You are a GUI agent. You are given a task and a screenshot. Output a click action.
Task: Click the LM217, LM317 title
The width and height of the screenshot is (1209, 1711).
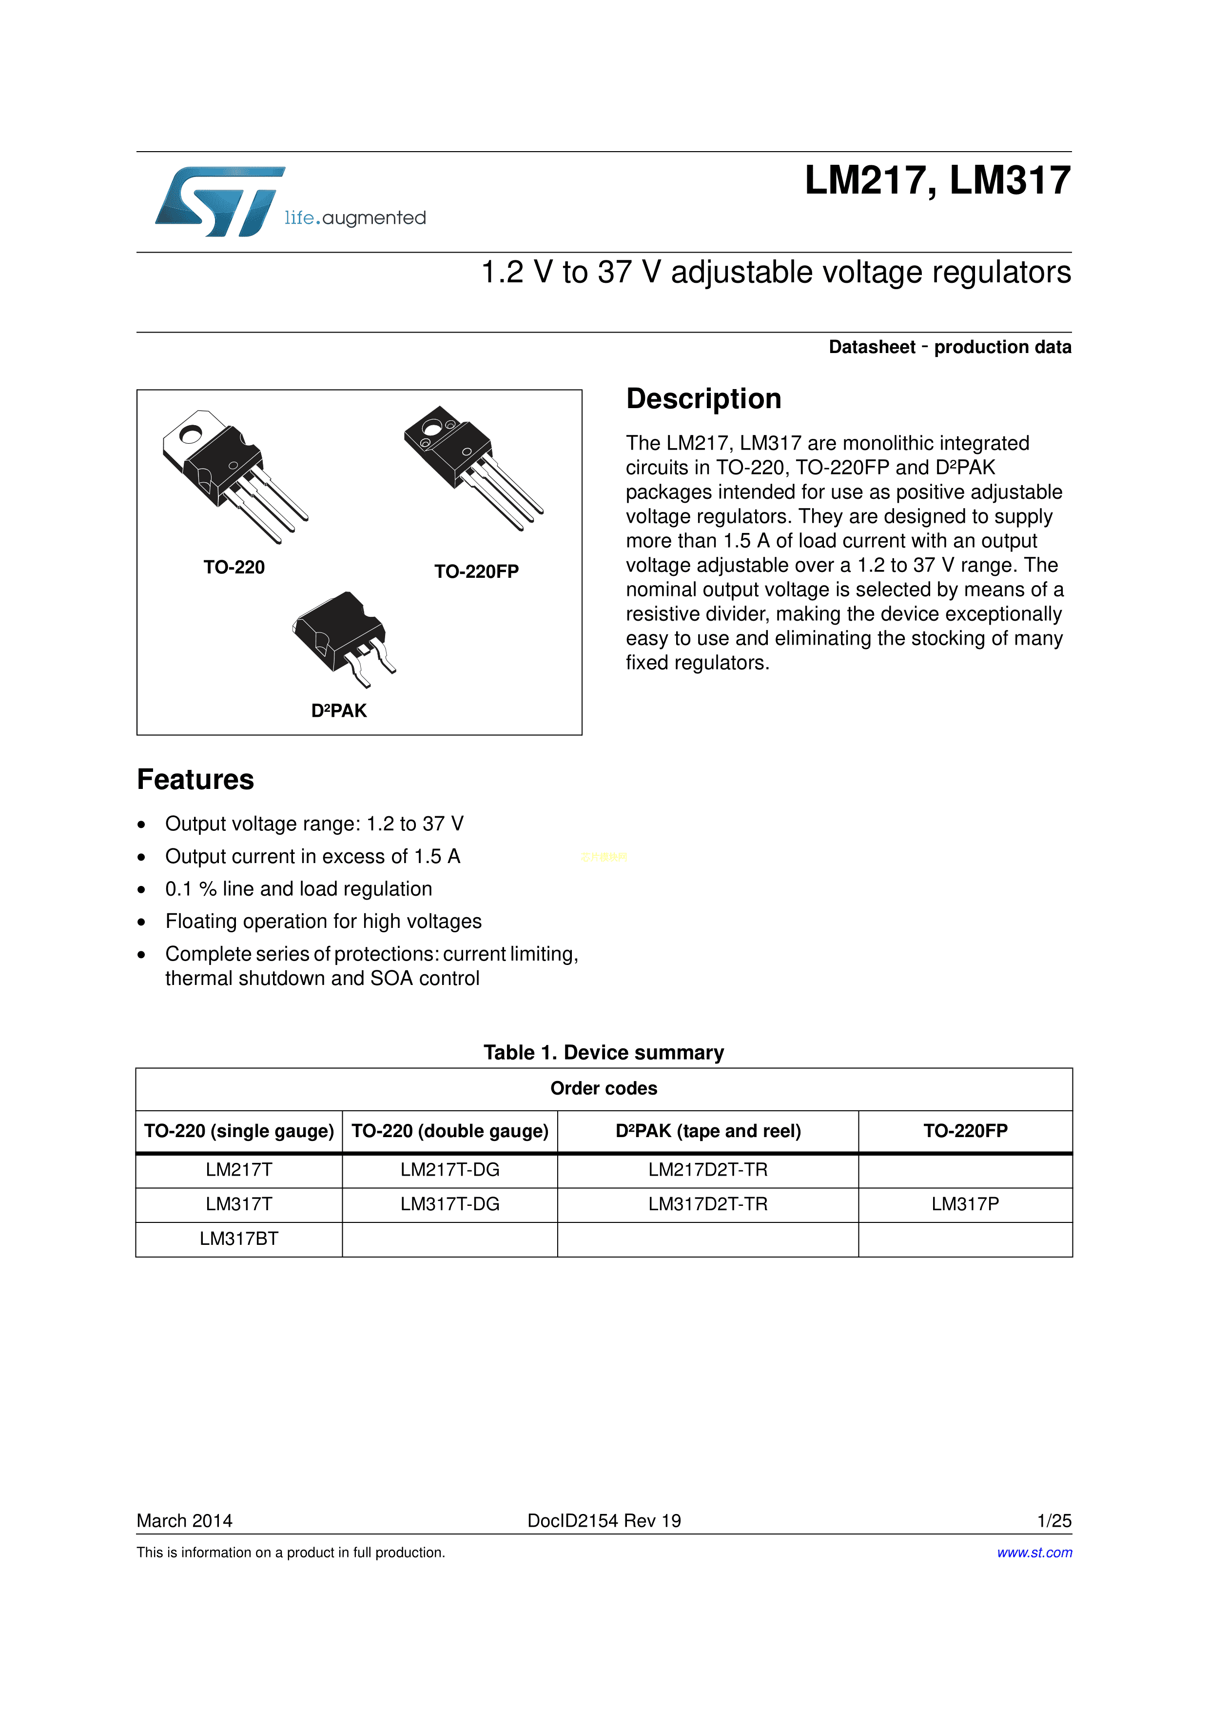(937, 181)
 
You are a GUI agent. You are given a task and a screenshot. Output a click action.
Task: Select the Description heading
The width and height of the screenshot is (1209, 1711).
(703, 399)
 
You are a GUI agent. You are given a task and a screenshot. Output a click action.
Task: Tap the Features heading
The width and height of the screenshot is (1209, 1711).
(195, 780)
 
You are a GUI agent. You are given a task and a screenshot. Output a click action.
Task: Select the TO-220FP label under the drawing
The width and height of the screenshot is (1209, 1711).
(476, 571)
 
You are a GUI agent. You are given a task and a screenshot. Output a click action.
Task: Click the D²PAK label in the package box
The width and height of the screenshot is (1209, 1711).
(339, 711)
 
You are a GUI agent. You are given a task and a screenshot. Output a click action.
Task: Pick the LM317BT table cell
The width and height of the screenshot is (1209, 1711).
(238, 1239)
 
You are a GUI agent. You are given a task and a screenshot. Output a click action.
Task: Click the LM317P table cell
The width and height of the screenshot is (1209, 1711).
(965, 1204)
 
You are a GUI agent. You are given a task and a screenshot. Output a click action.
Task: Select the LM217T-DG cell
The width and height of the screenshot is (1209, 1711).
(449, 1170)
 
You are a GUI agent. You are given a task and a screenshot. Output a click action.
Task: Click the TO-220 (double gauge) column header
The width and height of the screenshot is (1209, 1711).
(449, 1131)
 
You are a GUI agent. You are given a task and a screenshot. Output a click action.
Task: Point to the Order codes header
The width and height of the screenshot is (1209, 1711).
(604, 1089)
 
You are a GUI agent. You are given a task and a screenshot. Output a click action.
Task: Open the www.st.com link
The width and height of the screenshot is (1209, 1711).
(1034, 1552)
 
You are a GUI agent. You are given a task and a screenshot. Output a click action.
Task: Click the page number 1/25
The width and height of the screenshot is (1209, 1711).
(1053, 1521)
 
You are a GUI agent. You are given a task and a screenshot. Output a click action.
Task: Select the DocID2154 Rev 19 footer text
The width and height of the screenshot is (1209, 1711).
(604, 1521)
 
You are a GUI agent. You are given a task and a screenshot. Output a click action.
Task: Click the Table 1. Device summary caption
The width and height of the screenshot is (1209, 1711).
(604, 1052)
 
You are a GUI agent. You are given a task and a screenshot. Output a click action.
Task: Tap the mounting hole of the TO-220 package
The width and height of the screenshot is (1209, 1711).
(191, 433)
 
